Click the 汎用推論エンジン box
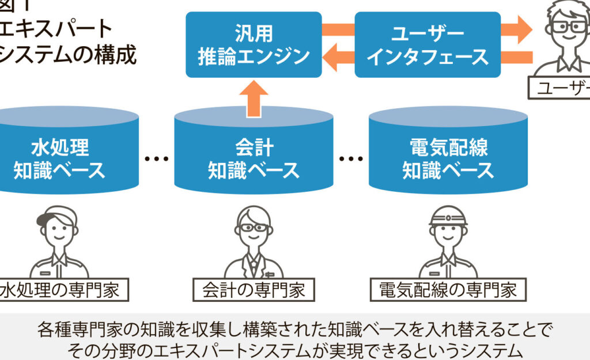tap(254, 44)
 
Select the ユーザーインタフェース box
tap(427, 44)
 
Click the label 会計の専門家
tap(254, 290)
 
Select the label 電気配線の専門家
tap(448, 290)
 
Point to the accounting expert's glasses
tap(254, 228)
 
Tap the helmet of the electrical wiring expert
tap(448, 215)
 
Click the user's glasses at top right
tap(567, 26)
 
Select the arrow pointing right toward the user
tap(516, 29)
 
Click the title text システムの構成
tap(69, 56)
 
